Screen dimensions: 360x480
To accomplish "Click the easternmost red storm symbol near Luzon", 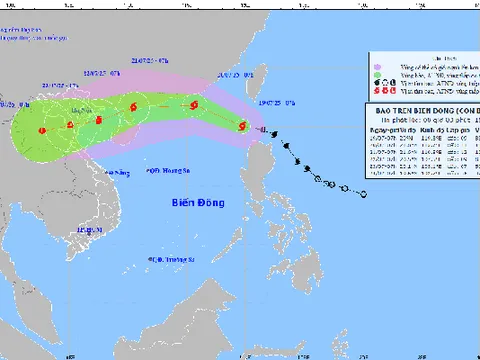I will (x=242, y=124).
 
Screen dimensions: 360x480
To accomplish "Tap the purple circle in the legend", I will (x=376, y=73).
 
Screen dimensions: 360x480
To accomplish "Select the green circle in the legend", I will (x=376, y=63).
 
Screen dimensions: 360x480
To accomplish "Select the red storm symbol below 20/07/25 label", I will (x=193, y=106).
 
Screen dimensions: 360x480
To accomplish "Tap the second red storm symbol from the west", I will (x=71, y=124).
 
